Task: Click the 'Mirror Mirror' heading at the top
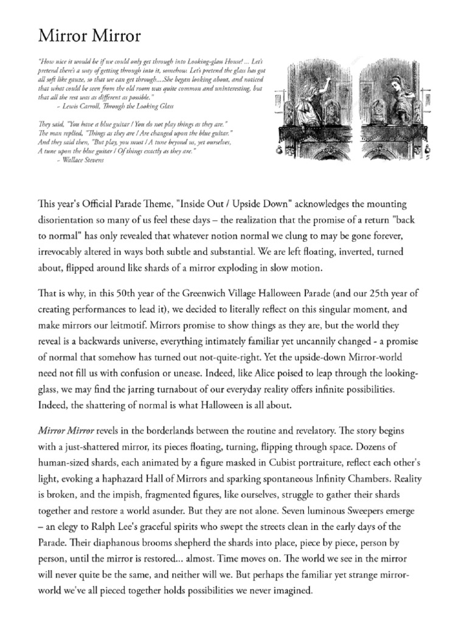pos(89,37)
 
